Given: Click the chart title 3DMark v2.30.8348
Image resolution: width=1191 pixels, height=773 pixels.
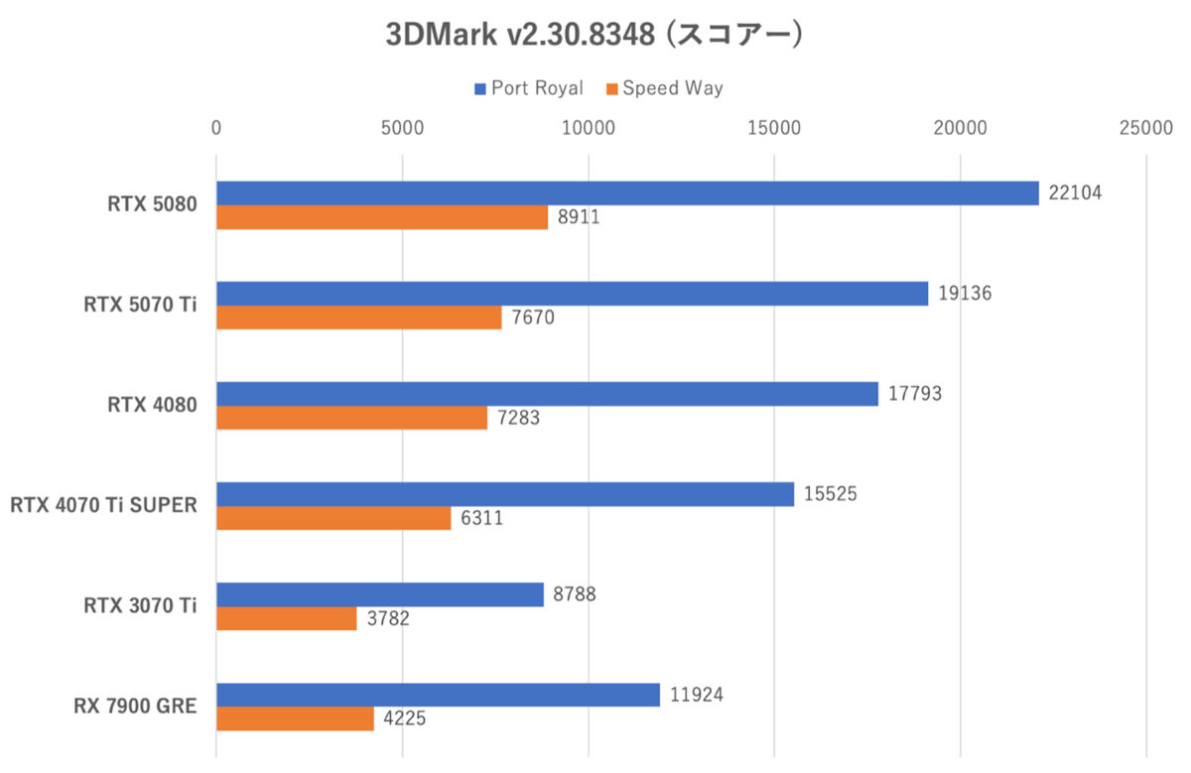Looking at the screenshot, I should pos(594,34).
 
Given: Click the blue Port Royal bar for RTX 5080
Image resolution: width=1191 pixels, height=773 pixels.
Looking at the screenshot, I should pos(627,193).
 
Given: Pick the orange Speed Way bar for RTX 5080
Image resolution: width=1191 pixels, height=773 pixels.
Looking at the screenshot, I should pos(382,218).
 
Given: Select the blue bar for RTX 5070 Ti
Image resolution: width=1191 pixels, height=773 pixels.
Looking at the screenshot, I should pos(572,294).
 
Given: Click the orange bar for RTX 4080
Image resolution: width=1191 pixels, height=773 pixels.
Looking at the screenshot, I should pos(351,418).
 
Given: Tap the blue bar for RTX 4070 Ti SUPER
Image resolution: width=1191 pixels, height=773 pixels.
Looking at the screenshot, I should pos(505,494).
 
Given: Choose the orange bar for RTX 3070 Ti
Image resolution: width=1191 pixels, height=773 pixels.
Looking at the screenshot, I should pos(287,618).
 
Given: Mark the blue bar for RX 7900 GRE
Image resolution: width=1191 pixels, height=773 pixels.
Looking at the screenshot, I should pos(438,695).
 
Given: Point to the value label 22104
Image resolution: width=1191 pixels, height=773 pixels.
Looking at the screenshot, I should pos(1075,193).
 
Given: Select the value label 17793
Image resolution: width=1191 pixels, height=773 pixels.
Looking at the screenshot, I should pos(914,393).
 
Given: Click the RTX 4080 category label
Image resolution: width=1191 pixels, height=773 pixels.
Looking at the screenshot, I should pos(153,405).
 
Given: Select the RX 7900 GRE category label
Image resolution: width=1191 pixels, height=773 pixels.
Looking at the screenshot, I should pos(135,707).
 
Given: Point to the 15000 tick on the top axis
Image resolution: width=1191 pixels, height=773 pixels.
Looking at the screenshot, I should pos(774,128).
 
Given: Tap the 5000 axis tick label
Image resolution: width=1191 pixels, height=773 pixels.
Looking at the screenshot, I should pos(402,128).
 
